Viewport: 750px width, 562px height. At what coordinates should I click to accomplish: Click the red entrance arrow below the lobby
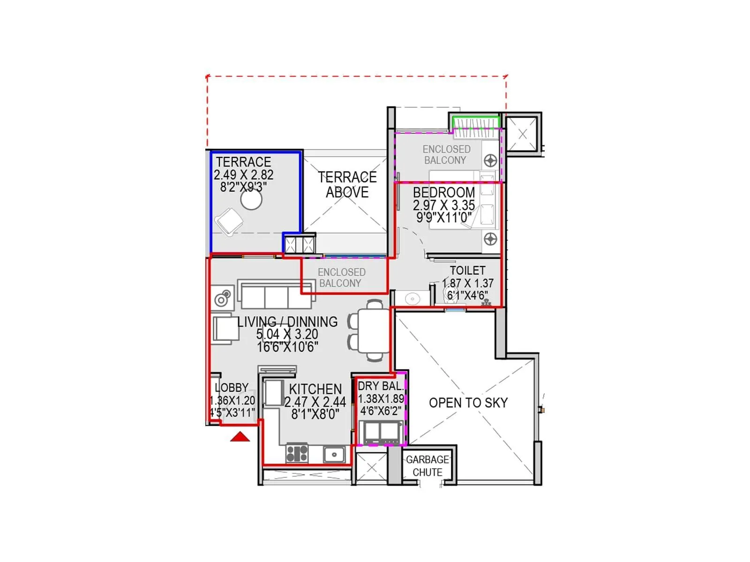(x=240, y=437)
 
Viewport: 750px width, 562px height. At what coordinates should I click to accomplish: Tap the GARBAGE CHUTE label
(x=427, y=466)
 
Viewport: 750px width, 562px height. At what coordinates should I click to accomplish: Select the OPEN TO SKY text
(x=468, y=403)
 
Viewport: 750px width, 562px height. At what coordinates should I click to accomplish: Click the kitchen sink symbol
(x=334, y=454)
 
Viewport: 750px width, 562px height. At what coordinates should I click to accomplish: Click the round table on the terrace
(x=251, y=200)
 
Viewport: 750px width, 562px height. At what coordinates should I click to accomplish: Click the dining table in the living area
(x=374, y=330)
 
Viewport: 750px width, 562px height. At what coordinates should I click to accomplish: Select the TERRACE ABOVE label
(x=347, y=185)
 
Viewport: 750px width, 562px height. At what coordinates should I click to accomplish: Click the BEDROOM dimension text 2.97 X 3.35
(x=443, y=205)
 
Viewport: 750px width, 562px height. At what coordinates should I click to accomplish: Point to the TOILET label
(x=467, y=271)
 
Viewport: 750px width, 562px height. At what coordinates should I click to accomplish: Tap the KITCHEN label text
(x=315, y=389)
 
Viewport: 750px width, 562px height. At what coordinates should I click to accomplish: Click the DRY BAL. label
(x=380, y=386)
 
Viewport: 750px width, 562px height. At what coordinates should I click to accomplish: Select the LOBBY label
(x=232, y=388)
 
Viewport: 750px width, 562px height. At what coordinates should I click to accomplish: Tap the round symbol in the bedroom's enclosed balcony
(x=490, y=161)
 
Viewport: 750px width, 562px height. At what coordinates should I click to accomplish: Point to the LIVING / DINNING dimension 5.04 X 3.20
(x=287, y=334)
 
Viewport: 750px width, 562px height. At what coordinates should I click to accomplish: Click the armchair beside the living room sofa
(x=225, y=329)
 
